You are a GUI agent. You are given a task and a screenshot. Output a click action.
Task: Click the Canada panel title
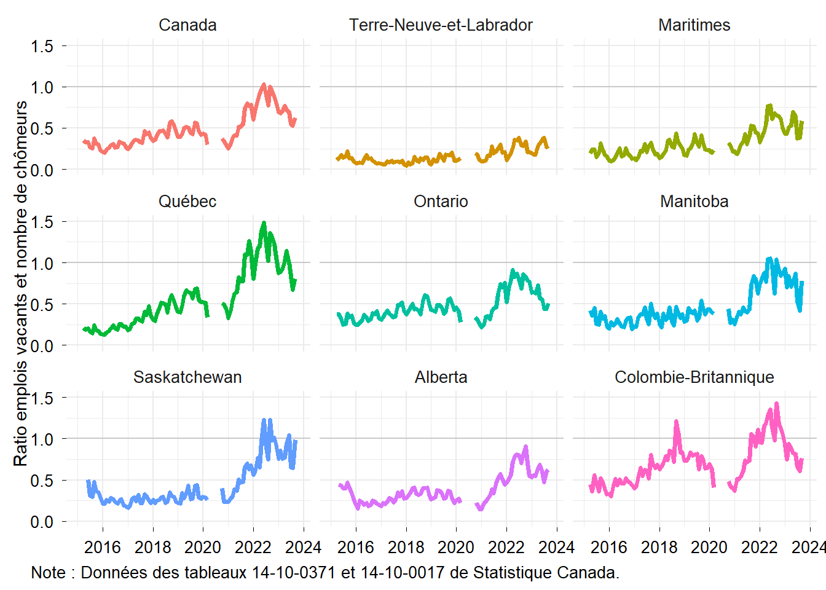tap(187, 25)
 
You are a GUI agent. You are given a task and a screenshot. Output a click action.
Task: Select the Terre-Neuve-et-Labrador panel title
tap(441, 25)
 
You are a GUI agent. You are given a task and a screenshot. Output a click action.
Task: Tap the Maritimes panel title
tap(694, 25)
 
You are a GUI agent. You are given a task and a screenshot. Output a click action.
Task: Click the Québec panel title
tap(187, 202)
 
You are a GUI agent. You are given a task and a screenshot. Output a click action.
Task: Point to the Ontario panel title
tap(441, 202)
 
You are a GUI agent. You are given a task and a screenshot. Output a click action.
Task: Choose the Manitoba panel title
tap(694, 202)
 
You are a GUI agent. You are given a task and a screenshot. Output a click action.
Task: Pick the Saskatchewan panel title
tap(187, 377)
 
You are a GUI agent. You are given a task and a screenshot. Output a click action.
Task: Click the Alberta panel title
tap(441, 377)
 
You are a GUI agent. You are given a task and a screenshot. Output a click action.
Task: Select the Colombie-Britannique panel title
tap(694, 377)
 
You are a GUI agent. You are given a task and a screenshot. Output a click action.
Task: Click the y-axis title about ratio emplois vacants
tap(21, 283)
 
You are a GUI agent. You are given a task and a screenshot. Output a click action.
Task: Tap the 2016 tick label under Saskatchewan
tap(103, 547)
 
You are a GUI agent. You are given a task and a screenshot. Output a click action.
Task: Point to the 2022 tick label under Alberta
tap(506, 547)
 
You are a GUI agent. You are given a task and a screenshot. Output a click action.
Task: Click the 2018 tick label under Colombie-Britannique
tap(659, 547)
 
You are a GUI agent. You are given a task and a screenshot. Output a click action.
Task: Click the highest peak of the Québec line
tap(264, 223)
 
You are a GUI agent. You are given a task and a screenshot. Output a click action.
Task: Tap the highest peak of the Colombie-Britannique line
tap(777, 404)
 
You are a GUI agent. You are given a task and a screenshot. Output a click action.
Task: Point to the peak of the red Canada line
tap(264, 85)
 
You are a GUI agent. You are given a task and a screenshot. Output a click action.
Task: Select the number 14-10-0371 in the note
tap(294, 573)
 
